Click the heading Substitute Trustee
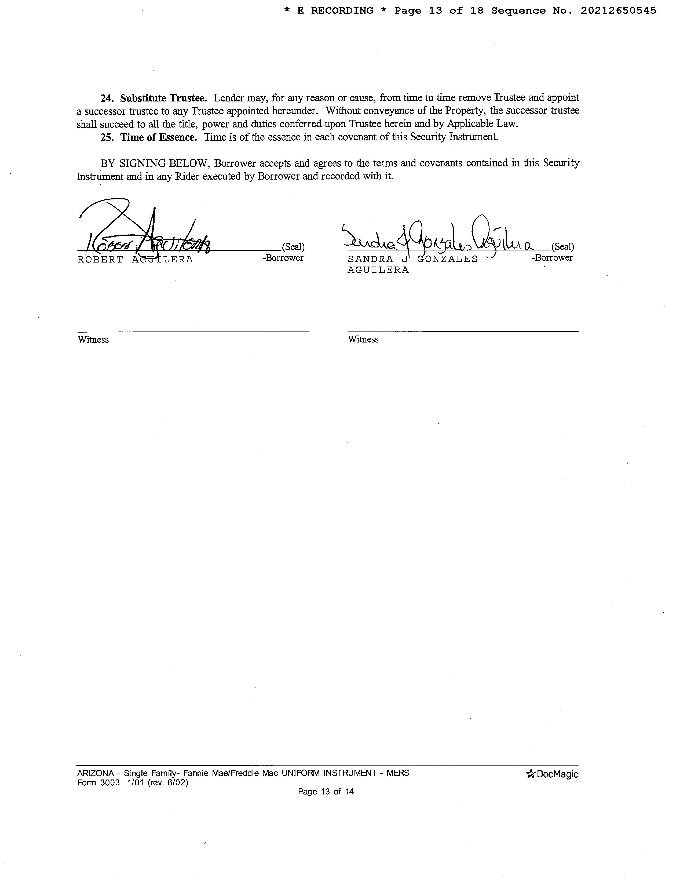pos(163,98)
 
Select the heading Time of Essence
pos(158,137)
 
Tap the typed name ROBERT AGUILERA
pos(135,260)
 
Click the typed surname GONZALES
pos(448,259)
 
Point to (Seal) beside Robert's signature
pos(293,247)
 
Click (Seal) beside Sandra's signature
pos(562,247)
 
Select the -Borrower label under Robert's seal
pos(283,258)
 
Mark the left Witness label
pos(93,340)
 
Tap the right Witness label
pos(363,340)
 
